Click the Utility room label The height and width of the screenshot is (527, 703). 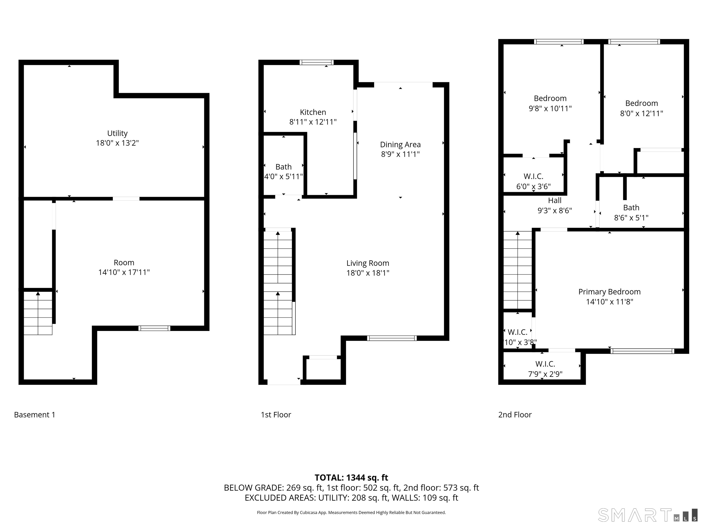pyautogui.click(x=117, y=133)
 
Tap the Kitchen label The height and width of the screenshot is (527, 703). pyautogui.click(x=313, y=112)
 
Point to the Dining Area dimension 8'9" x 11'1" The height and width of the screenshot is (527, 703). pyautogui.click(x=400, y=154)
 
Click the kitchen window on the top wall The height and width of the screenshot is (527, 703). pyautogui.click(x=316, y=62)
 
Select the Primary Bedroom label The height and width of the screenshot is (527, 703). pyautogui.click(x=609, y=292)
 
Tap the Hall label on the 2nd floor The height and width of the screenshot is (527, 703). pyautogui.click(x=554, y=200)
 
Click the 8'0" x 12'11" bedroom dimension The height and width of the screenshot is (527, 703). pyautogui.click(x=641, y=113)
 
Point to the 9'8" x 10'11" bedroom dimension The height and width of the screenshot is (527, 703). pyautogui.click(x=550, y=108)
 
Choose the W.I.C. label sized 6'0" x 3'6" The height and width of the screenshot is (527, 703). pyautogui.click(x=533, y=176)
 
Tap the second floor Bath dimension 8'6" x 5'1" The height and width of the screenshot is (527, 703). pyautogui.click(x=631, y=218)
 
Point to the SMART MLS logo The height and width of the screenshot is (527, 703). pyautogui.click(x=647, y=515)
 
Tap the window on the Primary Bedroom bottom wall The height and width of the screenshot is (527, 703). pyautogui.click(x=642, y=351)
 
